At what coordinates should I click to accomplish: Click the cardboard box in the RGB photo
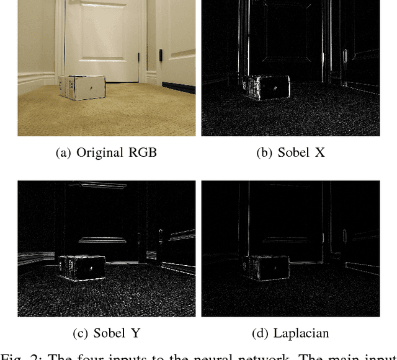click(81, 87)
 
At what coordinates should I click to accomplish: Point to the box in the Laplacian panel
click(265, 268)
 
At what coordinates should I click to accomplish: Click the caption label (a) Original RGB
click(106, 152)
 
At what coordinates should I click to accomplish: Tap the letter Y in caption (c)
click(134, 333)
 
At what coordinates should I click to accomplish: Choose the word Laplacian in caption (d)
click(300, 333)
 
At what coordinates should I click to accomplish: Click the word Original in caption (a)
click(100, 152)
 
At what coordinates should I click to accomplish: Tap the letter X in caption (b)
click(319, 152)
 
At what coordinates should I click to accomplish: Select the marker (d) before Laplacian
click(260, 333)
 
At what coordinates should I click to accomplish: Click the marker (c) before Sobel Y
click(81, 333)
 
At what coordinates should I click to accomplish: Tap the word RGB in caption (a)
click(143, 152)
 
